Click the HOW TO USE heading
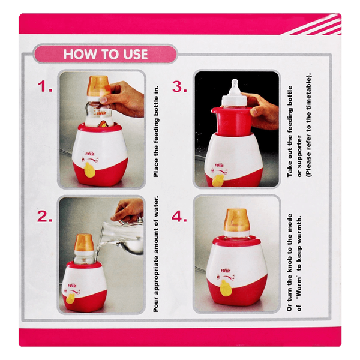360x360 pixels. (x=106, y=54)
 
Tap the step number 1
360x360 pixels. (x=45, y=87)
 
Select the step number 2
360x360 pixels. (x=44, y=217)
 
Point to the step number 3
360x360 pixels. (x=179, y=87)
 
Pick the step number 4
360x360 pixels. (x=179, y=217)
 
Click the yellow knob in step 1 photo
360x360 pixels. (x=89, y=170)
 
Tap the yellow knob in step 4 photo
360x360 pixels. (x=226, y=287)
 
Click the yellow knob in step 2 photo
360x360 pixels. (x=71, y=298)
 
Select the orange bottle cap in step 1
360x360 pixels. (x=98, y=86)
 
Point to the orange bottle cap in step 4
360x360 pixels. (x=236, y=220)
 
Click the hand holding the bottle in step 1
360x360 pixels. (x=123, y=98)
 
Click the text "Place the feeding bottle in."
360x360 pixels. (x=156, y=131)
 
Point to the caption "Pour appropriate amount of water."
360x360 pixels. (x=156, y=254)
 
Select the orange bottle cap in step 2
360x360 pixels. (x=84, y=243)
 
